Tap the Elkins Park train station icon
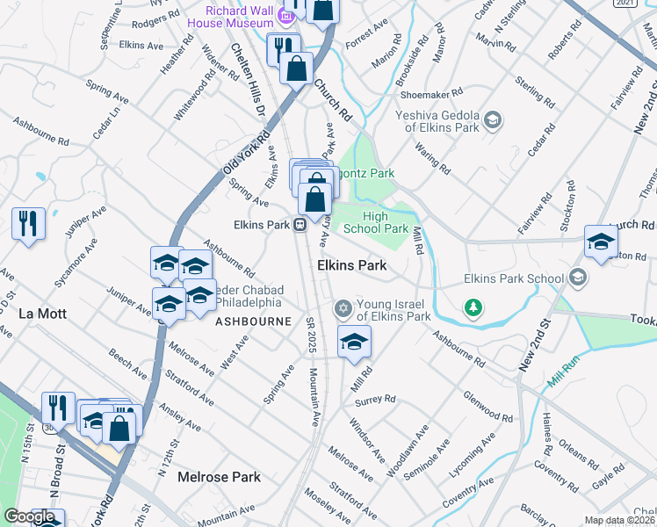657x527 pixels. [x=300, y=225]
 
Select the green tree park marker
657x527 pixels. [x=474, y=307]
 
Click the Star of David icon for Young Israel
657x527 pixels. [x=343, y=308]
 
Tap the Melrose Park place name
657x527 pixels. [x=219, y=477]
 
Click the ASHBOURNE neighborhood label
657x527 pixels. [x=253, y=321]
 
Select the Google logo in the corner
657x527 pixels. [x=29, y=517]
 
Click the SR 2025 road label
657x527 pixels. [x=311, y=334]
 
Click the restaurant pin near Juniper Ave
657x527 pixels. [x=28, y=223]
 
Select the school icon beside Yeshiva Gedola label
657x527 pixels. [x=493, y=119]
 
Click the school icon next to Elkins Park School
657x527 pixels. [x=577, y=278]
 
